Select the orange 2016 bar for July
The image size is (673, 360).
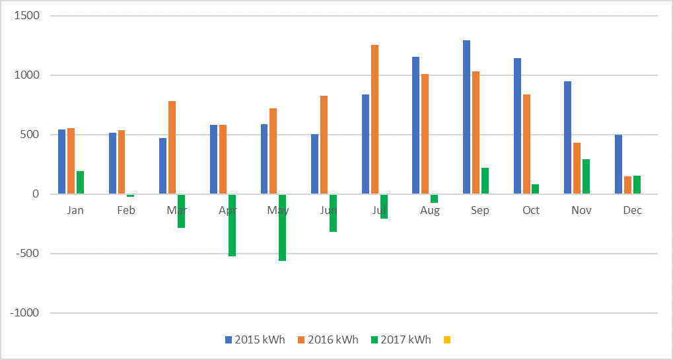pyautogui.click(x=374, y=120)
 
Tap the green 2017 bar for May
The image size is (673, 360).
pyautogui.click(x=282, y=227)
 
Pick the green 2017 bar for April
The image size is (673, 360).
pyautogui.click(x=232, y=225)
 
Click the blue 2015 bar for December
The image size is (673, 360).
pyautogui.click(x=618, y=164)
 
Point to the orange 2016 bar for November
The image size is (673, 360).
pyautogui.click(x=577, y=168)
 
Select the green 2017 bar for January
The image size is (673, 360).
pyautogui.click(x=80, y=182)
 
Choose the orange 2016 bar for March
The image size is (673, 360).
pyautogui.click(x=172, y=147)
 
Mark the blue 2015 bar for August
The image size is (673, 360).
pyautogui.click(x=415, y=126)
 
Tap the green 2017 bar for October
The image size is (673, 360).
pyautogui.click(x=535, y=189)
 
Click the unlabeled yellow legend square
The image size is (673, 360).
pyautogui.click(x=447, y=340)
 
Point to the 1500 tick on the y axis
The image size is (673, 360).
pyautogui.click(x=25, y=16)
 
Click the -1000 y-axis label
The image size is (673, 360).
pyautogui.click(x=24, y=313)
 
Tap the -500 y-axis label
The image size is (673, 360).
pyautogui.click(x=26, y=254)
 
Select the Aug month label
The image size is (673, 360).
pyautogui.click(x=429, y=210)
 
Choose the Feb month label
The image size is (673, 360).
pyautogui.click(x=126, y=210)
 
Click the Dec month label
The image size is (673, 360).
pyautogui.click(x=632, y=210)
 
